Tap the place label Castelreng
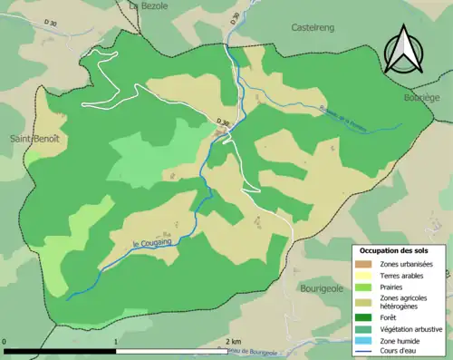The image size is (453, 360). click(313, 28)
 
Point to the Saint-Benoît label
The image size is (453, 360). click(34, 139)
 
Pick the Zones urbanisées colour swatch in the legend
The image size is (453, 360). click(366, 263)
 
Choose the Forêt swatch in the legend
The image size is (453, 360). click(366, 316)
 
